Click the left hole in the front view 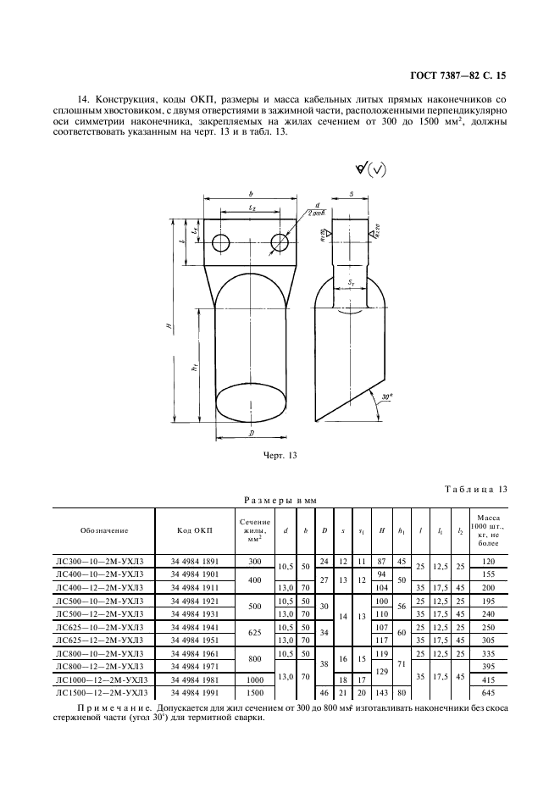pyautogui.click(x=221, y=243)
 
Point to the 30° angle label pyautogui.click(x=386, y=397)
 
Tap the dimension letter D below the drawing pyautogui.click(x=251, y=434)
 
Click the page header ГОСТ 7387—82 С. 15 pyautogui.click(x=457, y=76)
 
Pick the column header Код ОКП pyautogui.click(x=195, y=530)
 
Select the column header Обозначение pyautogui.click(x=104, y=530)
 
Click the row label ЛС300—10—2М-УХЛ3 pyautogui.click(x=100, y=561)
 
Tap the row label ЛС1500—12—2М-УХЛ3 pyautogui.click(x=102, y=693)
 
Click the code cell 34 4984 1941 pyautogui.click(x=195, y=627)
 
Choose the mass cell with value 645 pyautogui.click(x=489, y=693)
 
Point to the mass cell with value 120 pyautogui.click(x=489, y=561)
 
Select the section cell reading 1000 pyautogui.click(x=255, y=679)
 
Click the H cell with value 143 pyautogui.click(x=382, y=693)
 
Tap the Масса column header pyautogui.click(x=489, y=530)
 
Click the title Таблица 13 pyautogui.click(x=476, y=489)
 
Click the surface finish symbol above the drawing pyautogui.click(x=369, y=170)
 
